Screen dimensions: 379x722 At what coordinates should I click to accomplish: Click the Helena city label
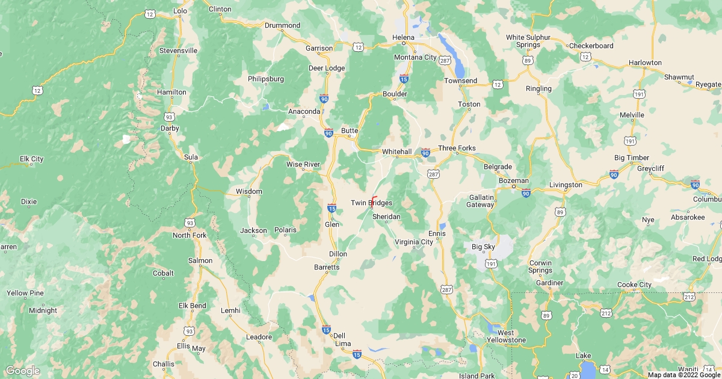coord(404,37)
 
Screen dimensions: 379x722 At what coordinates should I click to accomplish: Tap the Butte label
coord(350,130)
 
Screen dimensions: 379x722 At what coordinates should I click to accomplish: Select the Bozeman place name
coord(513,181)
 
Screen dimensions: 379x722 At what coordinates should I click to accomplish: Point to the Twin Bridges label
coord(371,203)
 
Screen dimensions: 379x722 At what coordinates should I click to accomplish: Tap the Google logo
coord(22,371)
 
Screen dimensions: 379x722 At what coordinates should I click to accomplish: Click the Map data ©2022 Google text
coord(683,375)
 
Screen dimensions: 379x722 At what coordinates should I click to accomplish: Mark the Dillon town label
coord(338,254)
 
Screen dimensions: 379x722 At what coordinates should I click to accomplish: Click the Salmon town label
coord(200,260)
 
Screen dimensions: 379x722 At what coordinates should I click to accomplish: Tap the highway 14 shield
coord(604,369)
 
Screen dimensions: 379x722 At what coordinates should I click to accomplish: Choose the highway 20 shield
coord(575,375)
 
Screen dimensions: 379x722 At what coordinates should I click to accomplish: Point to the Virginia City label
coord(413,242)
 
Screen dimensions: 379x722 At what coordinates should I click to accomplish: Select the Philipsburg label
coord(265,79)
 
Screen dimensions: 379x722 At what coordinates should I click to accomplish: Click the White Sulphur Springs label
coord(528,41)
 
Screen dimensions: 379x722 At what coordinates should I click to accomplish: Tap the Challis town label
coord(163,364)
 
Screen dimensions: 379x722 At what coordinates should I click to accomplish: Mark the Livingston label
coord(566,185)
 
